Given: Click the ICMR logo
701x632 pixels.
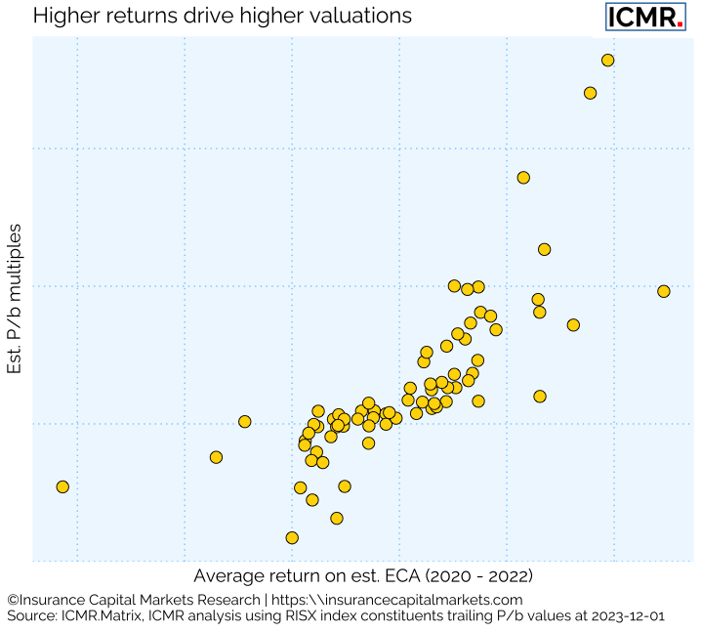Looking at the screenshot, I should pyautogui.click(x=644, y=17).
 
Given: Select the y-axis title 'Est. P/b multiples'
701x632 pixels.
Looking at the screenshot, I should pyautogui.click(x=16, y=299).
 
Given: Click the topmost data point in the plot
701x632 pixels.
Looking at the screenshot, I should pyautogui.click(x=607, y=60).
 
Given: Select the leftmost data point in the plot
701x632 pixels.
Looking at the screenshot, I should pyautogui.click(x=62, y=486).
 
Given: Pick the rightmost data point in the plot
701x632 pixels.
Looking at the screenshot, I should pyautogui.click(x=663, y=291).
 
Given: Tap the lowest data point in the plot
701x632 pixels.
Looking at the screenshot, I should pyautogui.click(x=291, y=537).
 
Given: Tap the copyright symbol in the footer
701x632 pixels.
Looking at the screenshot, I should pyautogui.click(x=13, y=600).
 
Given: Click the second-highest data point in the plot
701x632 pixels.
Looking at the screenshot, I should pyautogui.click(x=590, y=93).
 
